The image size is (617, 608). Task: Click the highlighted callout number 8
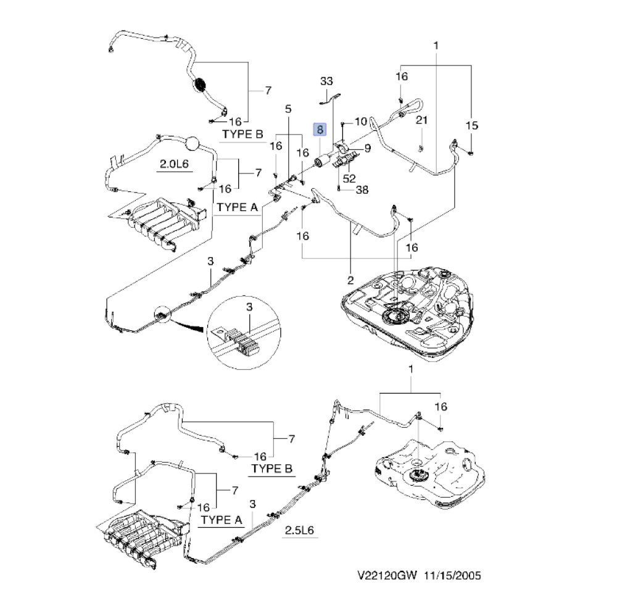coord(320,129)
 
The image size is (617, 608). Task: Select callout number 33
coord(326,81)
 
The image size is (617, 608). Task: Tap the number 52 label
coord(349,178)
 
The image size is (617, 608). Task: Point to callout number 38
coord(362,189)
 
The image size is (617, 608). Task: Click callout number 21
coord(421,120)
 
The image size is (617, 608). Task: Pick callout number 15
coord(472,126)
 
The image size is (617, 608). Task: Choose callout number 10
coord(361,122)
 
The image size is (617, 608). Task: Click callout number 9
coord(368,148)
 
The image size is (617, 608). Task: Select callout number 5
coord(288,109)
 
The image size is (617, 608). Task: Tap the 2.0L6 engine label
coord(174,164)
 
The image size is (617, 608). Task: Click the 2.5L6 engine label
coord(299,530)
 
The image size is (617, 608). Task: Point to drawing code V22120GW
coord(387,575)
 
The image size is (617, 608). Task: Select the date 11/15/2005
coord(452,575)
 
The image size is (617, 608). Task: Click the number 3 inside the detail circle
coord(249,307)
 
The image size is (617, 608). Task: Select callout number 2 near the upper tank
coord(350,280)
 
